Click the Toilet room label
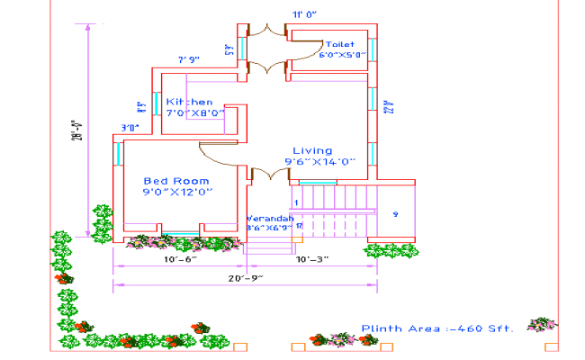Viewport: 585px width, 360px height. point(339,44)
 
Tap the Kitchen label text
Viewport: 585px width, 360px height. point(189,103)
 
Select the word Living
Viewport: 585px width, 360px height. point(312,150)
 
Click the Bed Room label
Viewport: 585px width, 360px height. point(176,181)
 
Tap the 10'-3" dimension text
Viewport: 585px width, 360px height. point(311,259)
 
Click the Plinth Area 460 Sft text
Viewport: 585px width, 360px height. point(436,328)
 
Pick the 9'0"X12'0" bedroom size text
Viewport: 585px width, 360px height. point(176,192)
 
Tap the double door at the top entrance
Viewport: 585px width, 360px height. point(267,49)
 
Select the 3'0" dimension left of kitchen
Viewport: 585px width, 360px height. point(130,127)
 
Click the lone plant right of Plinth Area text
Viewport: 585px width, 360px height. point(542,324)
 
